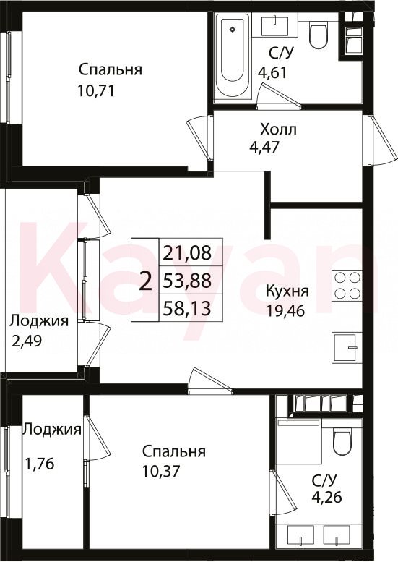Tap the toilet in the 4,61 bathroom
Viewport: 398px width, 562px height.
(318, 37)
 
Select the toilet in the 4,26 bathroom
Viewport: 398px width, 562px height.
(342, 443)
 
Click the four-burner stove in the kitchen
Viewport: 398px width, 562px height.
(347, 285)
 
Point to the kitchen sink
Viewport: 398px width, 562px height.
(347, 348)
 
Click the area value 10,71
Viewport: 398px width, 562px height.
(95, 91)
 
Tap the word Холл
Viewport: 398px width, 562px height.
(279, 129)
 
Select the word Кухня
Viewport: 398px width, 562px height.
(287, 291)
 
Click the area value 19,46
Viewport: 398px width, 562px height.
(285, 311)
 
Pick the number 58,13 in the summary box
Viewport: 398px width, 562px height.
(186, 308)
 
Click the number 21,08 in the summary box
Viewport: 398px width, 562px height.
(187, 253)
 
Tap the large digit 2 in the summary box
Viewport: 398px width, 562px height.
(145, 281)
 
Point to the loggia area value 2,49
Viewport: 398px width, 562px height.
(27, 341)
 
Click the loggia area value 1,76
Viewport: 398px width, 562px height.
(40, 464)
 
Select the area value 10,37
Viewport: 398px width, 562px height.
(160, 471)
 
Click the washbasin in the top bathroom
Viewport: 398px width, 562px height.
(274, 25)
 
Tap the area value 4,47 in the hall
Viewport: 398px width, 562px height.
(264, 148)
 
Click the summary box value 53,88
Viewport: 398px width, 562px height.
(187, 281)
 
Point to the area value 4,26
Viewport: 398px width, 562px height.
(326, 498)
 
